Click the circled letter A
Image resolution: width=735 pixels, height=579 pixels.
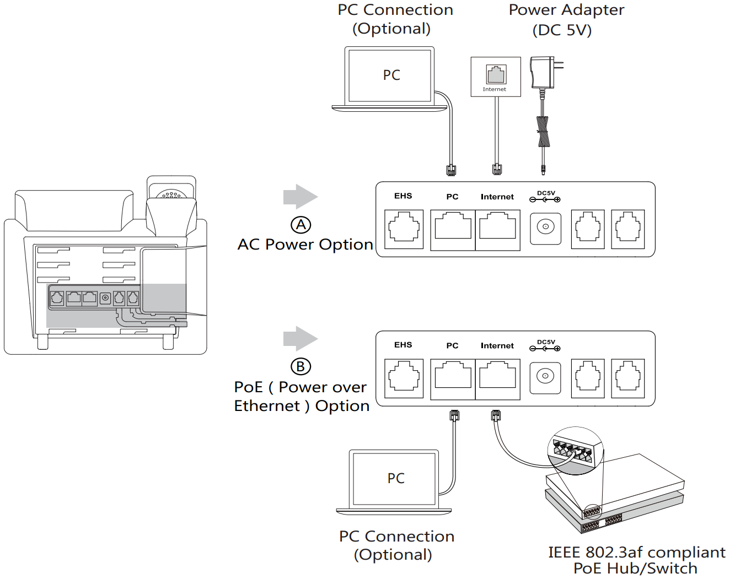point(301,225)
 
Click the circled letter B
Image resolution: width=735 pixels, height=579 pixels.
point(301,366)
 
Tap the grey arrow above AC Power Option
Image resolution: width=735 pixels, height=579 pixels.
point(300,197)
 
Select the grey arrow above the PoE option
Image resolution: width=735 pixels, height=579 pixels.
point(300,338)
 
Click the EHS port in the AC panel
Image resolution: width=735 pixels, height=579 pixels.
point(404,229)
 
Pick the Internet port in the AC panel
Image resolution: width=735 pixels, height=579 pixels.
point(497,229)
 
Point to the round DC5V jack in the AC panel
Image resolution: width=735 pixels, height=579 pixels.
point(545,228)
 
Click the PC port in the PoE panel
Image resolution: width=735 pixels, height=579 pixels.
point(453,378)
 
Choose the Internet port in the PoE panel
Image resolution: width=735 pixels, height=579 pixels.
point(497,378)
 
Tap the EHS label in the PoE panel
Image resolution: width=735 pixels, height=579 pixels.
point(403,345)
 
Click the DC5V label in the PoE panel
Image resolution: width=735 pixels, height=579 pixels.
point(546,343)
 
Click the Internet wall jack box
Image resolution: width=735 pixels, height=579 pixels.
point(496,77)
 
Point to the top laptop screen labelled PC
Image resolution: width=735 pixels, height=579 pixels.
point(390,75)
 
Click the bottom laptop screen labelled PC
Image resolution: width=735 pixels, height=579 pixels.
point(395,478)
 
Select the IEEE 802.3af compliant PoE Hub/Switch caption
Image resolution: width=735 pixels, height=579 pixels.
point(636,560)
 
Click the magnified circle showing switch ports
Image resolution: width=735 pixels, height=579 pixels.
point(575,450)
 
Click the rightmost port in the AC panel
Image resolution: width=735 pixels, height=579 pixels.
point(628,229)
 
